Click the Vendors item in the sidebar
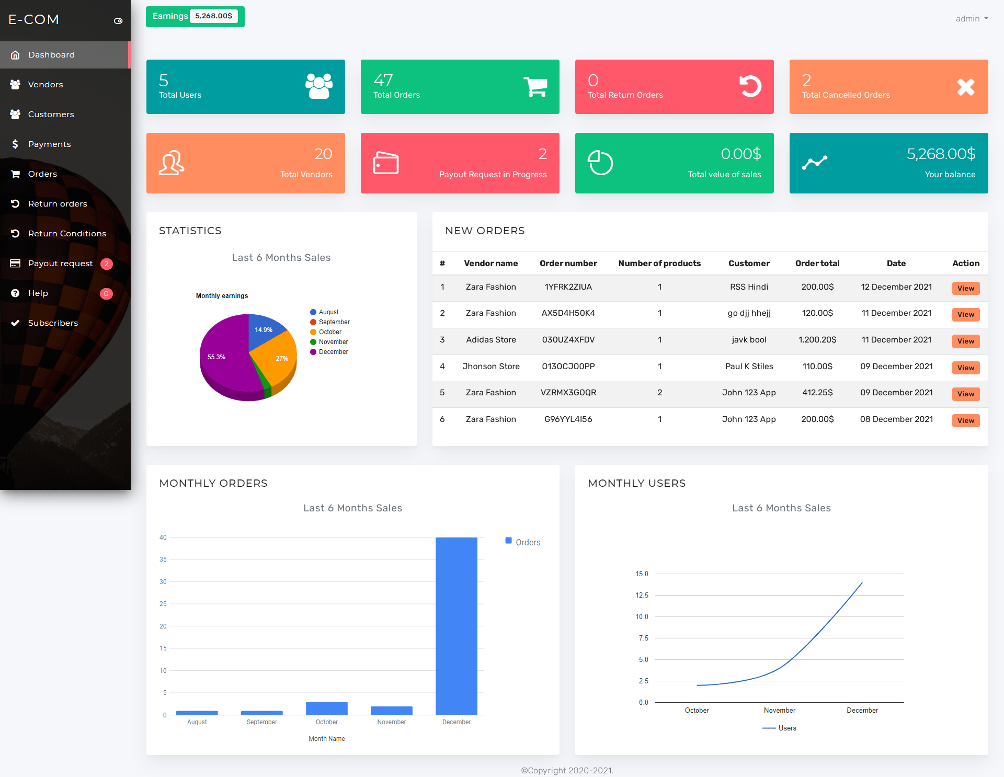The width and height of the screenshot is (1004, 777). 45,85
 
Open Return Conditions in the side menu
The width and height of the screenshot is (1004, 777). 67,234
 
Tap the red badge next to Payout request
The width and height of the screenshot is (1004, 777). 106,264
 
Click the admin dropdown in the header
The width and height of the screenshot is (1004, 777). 972,19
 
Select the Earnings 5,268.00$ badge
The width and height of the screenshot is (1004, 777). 195,17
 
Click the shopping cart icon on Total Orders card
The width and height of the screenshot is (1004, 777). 535,87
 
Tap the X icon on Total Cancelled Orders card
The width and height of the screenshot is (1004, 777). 965,87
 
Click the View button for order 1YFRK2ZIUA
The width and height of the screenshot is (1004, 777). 965,289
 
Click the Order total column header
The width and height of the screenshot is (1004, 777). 817,264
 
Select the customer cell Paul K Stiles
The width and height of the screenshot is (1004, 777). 749,367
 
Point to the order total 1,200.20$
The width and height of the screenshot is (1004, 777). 817,340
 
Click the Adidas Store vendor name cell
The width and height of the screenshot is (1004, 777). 490,340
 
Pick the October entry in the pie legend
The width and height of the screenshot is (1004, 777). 330,332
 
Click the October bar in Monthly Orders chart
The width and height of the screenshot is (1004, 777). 326,709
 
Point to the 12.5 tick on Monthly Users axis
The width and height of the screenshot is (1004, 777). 642,596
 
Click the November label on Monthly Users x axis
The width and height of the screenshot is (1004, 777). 779,711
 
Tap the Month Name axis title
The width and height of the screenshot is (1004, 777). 326,739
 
